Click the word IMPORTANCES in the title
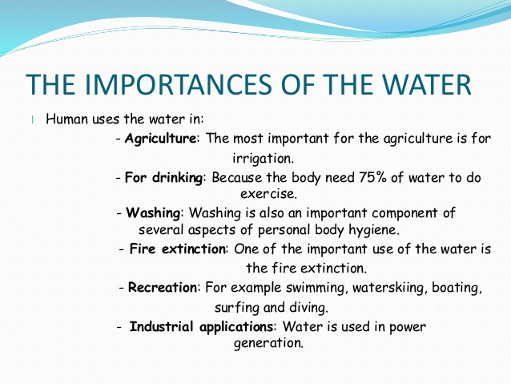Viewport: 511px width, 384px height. click(x=178, y=84)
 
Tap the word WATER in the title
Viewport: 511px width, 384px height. click(x=426, y=84)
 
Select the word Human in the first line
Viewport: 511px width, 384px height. click(x=67, y=119)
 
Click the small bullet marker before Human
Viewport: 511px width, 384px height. click(x=33, y=119)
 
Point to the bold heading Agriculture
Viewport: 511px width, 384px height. click(x=160, y=139)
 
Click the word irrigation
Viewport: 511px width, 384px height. click(x=263, y=159)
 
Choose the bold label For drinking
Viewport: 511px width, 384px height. click(x=164, y=178)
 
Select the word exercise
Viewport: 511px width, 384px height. click(x=268, y=194)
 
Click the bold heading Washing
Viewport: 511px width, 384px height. click(x=153, y=213)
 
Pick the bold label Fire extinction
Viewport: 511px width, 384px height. click(x=178, y=249)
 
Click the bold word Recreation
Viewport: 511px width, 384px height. click(x=163, y=288)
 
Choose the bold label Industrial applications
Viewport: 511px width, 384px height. click(x=201, y=327)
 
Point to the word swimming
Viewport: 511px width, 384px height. click(x=315, y=289)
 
